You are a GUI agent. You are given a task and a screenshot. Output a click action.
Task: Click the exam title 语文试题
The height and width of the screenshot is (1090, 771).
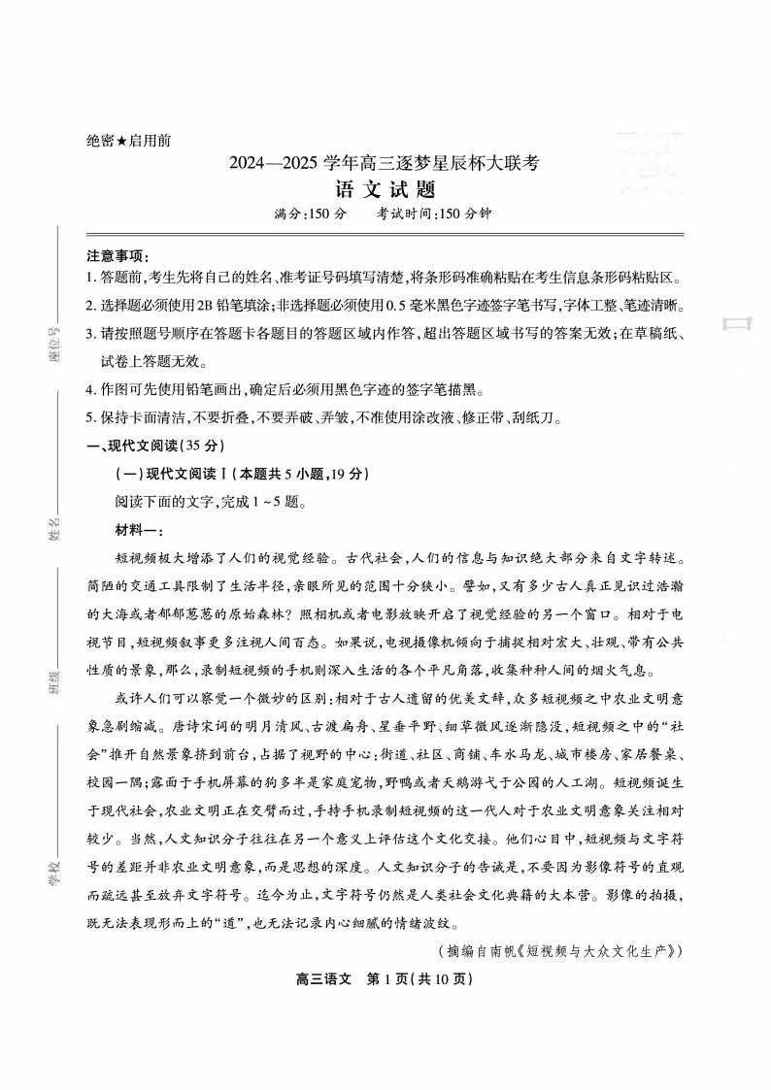pos(384,189)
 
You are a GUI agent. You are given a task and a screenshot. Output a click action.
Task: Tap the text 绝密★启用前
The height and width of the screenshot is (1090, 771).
pos(128,141)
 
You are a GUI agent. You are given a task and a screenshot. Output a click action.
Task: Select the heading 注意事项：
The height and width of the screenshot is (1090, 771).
pos(117,255)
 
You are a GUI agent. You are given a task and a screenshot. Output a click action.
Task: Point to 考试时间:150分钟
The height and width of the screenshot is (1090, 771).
pos(434,215)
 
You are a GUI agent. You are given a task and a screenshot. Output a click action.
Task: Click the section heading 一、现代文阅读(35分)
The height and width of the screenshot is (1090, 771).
pos(155,446)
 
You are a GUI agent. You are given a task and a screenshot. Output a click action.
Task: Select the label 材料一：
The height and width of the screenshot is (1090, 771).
pos(139,530)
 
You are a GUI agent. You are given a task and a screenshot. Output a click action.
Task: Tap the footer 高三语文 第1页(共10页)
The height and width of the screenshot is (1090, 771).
pos(384,978)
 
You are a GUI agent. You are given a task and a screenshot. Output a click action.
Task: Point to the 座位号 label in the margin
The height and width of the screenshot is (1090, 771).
pos(55,343)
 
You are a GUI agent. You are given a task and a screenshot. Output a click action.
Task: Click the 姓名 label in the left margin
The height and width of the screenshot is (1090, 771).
pos(55,529)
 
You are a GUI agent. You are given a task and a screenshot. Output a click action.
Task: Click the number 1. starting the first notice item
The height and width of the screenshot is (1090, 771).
pos(91,278)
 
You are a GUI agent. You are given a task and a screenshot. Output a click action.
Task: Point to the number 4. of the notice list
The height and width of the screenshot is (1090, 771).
pos(91,390)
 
